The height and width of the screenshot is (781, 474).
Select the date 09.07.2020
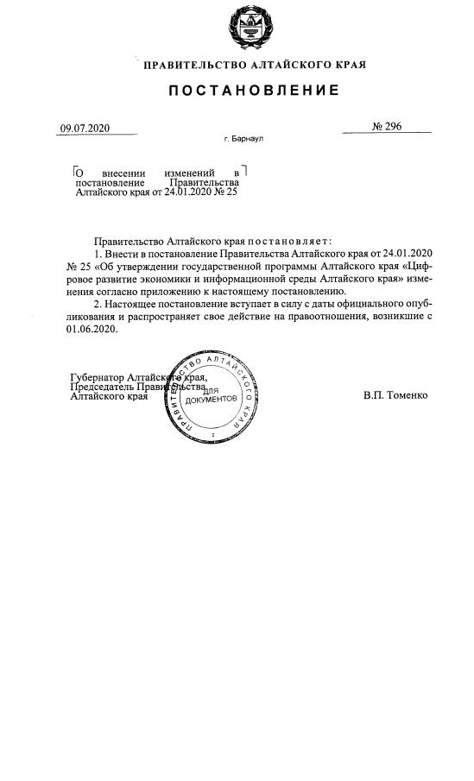tap(85, 129)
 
